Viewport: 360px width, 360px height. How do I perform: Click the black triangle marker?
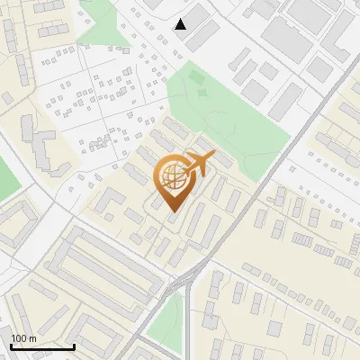click(x=181, y=24)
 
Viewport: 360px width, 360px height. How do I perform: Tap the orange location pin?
click(x=173, y=179)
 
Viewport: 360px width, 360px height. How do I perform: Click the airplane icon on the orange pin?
click(x=195, y=165)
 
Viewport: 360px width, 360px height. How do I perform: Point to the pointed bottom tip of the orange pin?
click(x=173, y=211)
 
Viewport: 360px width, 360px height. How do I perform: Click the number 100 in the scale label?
click(x=18, y=338)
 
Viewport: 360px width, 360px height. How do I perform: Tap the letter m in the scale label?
click(x=31, y=338)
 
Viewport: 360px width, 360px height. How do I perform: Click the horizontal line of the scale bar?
click(x=42, y=347)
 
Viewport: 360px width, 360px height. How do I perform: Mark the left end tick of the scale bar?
click(x=11, y=346)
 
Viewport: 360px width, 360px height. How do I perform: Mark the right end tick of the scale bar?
click(x=74, y=346)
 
